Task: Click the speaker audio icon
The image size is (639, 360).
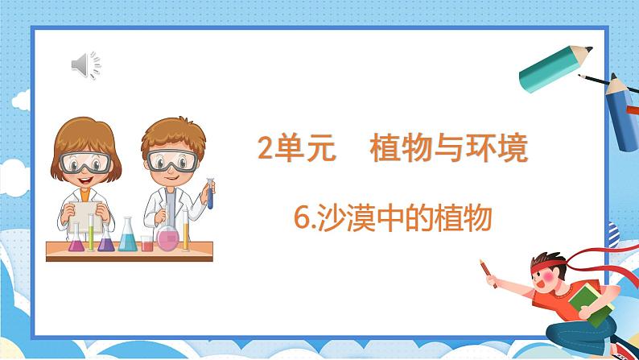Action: pos(86,64)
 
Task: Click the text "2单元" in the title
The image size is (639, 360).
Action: pos(295,149)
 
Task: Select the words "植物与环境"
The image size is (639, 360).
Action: pos(449,149)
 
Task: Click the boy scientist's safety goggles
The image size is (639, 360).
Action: pos(173,160)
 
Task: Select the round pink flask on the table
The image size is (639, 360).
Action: pos(167,238)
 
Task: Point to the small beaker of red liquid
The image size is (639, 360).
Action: pos(146,242)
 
